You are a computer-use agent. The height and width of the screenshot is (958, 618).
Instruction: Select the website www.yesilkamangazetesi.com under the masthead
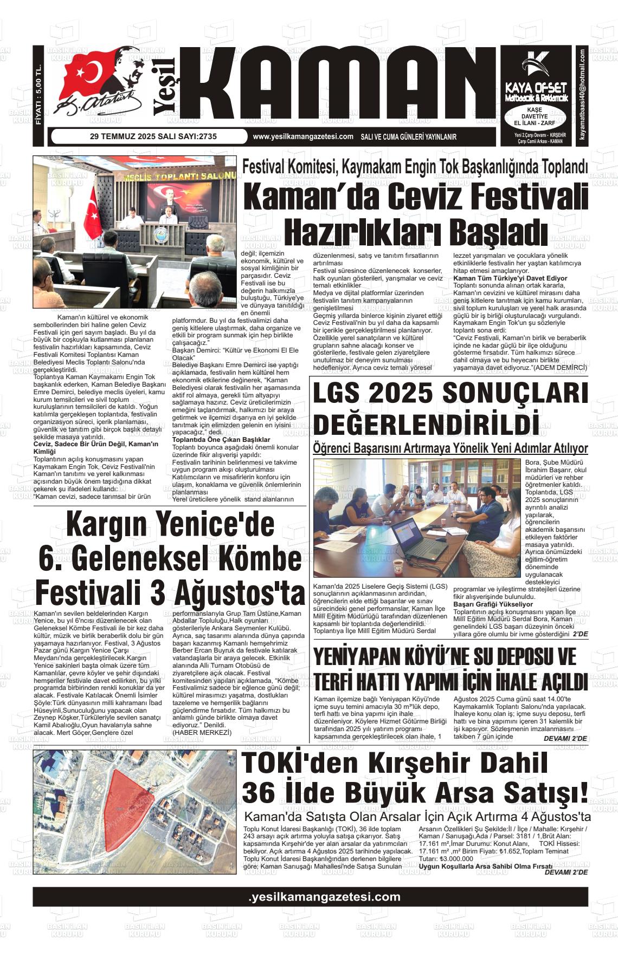pos(303,137)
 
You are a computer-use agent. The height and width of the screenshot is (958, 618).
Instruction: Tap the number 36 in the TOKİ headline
pos(257,792)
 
